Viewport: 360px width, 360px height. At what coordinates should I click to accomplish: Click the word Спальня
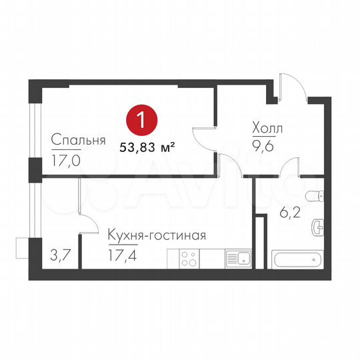[79, 141]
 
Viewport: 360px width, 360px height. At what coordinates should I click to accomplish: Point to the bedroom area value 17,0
[64, 160]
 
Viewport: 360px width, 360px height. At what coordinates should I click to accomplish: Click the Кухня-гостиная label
[156, 236]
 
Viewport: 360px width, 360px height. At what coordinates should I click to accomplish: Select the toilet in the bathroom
[315, 195]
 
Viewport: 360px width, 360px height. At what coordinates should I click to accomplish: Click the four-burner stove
[189, 258]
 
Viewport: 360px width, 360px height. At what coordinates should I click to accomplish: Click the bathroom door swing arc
[289, 168]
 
